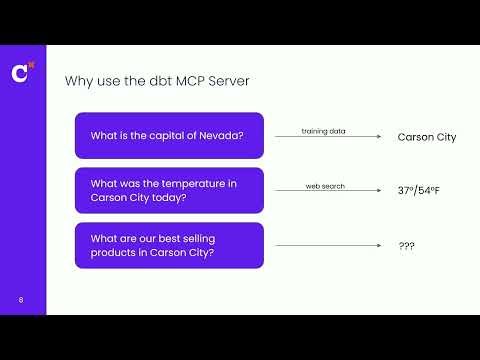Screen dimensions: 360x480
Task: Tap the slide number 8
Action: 21,299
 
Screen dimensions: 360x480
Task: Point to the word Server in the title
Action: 226,81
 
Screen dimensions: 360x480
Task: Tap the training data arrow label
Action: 323,131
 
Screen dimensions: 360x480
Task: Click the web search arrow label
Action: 324,186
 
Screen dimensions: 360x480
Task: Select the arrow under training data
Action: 329,137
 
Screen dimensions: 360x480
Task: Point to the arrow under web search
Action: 329,192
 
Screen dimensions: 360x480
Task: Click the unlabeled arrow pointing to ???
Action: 329,246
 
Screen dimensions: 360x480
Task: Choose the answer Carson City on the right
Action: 426,137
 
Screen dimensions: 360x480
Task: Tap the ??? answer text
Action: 406,246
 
